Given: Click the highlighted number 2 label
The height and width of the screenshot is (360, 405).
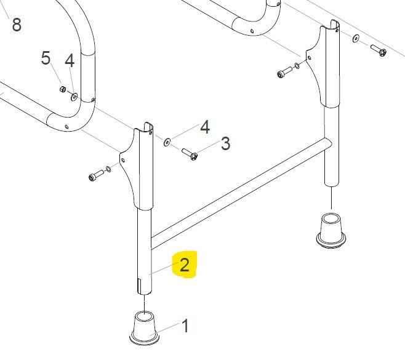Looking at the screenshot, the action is [185, 265].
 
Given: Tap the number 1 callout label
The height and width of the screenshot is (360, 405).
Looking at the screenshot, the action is [185, 326].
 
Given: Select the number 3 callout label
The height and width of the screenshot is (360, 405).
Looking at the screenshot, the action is [225, 143].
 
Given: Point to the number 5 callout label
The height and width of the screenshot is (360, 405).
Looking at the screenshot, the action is [46, 58].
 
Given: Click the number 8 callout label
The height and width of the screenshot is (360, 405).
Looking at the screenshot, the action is [17, 25].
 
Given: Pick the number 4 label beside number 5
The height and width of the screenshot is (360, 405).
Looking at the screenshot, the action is [70, 61].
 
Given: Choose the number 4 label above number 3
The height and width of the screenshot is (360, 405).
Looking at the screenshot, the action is [205, 127].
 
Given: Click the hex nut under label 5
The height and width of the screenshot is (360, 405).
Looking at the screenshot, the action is [62, 89].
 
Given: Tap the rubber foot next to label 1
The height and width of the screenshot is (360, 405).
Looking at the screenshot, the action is [144, 328].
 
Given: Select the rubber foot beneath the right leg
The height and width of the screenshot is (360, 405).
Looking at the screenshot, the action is [331, 230].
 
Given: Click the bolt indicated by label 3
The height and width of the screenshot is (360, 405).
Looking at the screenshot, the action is [190, 154].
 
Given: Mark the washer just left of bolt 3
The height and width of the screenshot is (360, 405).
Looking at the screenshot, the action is [167, 142].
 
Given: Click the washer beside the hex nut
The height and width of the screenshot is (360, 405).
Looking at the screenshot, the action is [74, 97].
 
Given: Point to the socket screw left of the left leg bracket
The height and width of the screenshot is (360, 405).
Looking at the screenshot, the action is [96, 175].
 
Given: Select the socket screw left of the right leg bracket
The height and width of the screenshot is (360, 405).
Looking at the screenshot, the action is [284, 72].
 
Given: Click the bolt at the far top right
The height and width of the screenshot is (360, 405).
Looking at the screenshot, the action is [379, 50].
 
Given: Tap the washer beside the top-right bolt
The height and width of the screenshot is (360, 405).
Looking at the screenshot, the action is [355, 39].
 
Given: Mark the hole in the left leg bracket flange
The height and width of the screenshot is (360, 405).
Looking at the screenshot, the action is [123, 161].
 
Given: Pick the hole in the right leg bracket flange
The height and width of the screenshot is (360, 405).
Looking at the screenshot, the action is [310, 58].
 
